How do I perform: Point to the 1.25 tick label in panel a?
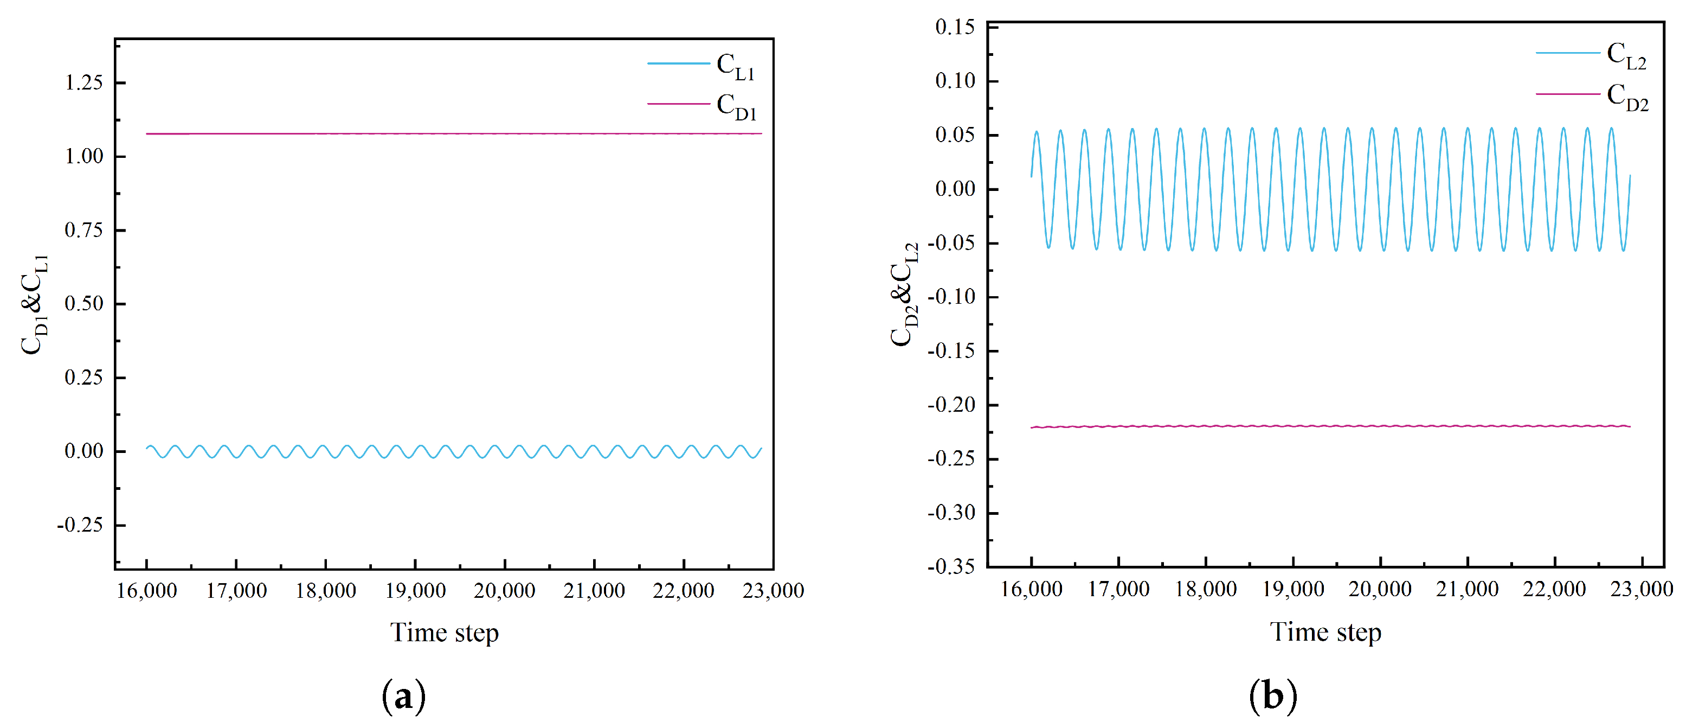tap(84, 82)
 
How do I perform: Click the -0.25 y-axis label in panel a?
tap(80, 525)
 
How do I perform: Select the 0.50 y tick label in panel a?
tap(84, 304)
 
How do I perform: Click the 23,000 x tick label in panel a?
tap(773, 591)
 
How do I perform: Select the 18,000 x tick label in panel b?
tap(1206, 589)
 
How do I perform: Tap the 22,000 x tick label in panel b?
tap(1554, 589)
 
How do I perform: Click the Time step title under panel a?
tap(445, 633)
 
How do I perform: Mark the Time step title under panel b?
tap(1325, 632)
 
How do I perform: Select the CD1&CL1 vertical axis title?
tap(35, 304)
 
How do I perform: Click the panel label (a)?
tap(403, 697)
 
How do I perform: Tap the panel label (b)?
tap(1273, 695)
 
